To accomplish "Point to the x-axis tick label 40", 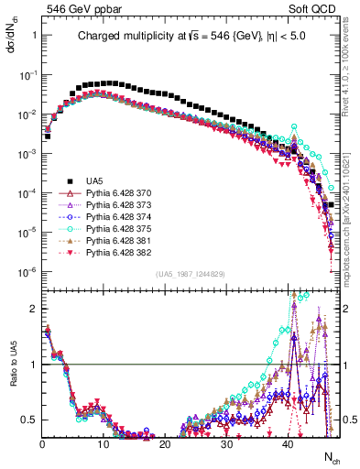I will click(289, 444).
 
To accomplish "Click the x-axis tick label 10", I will click(104, 444).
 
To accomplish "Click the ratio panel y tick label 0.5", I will click(30, 420).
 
